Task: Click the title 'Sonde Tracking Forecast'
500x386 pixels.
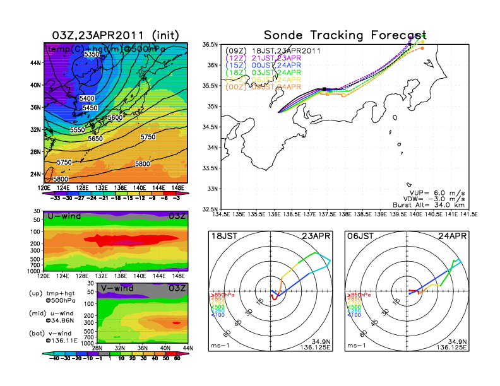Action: (345, 35)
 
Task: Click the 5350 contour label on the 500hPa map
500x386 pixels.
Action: (92, 56)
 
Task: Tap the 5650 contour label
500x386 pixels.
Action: (95, 138)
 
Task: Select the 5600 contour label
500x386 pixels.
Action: (115, 118)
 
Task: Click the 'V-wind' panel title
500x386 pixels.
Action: (120, 288)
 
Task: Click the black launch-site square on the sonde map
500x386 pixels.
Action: (324, 90)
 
